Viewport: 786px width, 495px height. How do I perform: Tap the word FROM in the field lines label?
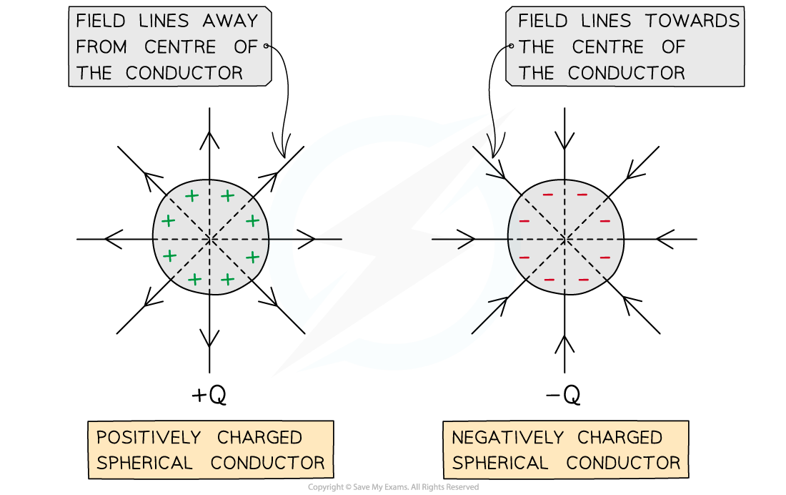(x=101, y=47)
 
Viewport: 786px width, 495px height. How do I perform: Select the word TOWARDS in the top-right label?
(x=692, y=21)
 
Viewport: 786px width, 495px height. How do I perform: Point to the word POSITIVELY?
(x=148, y=437)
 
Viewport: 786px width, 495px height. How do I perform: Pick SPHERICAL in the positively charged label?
(x=144, y=463)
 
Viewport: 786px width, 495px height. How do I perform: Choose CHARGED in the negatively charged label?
(x=620, y=437)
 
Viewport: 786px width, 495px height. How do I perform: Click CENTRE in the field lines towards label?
(x=608, y=47)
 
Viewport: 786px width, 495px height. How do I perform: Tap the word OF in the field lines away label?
(x=245, y=47)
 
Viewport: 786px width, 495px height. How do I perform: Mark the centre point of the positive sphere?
(x=210, y=238)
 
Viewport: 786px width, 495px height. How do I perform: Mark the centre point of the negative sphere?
(x=565, y=238)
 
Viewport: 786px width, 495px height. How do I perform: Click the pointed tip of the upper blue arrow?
(x=491, y=113)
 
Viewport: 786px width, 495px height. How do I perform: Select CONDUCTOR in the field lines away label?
(x=184, y=73)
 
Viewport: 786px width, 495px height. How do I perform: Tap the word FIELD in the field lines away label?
(x=101, y=21)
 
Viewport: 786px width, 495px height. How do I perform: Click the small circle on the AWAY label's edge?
(x=267, y=46)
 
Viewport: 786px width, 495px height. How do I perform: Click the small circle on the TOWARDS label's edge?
(x=510, y=46)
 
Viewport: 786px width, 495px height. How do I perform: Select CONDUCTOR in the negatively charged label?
(x=623, y=463)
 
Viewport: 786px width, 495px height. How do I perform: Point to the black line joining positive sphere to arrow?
(x=281, y=239)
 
